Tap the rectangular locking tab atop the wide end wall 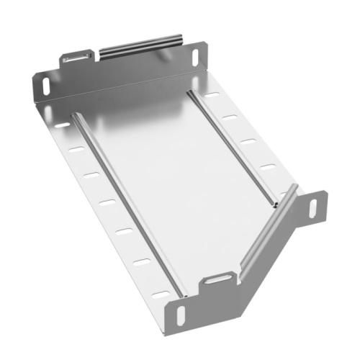coord(77,56)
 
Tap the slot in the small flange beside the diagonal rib coord(313,207)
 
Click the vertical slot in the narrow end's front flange coord(180,314)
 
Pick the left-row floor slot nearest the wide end coord(63,125)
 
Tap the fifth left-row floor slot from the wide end coord(125,230)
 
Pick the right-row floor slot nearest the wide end coord(212,94)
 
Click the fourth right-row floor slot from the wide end coord(267,167)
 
